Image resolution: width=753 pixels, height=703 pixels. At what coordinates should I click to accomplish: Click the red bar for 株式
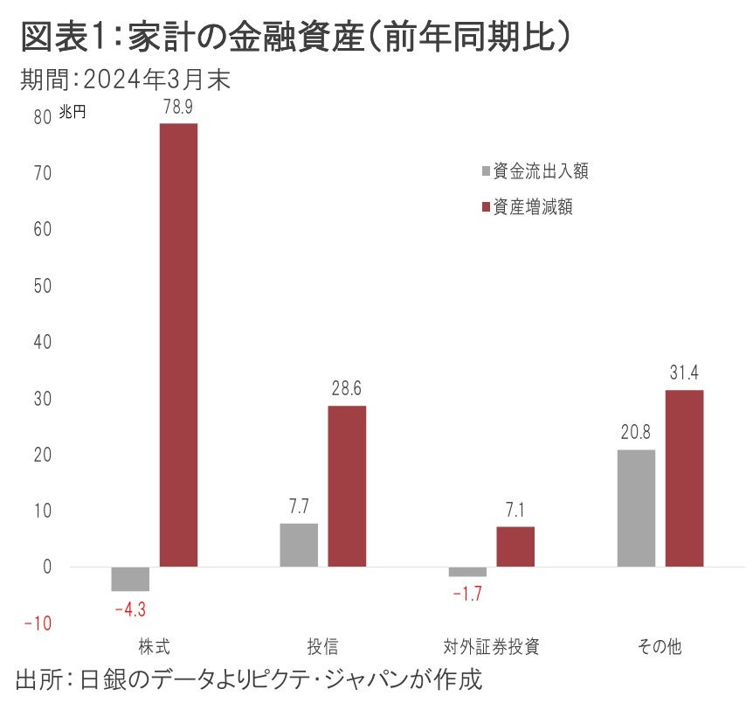point(178,345)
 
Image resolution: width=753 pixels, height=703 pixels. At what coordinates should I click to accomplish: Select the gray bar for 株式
point(130,579)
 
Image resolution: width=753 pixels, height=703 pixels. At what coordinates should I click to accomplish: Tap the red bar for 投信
point(347,486)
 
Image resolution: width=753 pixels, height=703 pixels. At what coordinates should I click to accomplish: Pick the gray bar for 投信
point(299,545)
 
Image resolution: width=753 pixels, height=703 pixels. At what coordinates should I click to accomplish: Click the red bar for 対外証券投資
point(515,546)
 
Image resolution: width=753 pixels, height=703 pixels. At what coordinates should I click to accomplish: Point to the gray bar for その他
point(636,508)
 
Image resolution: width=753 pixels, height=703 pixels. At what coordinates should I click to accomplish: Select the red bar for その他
point(684,478)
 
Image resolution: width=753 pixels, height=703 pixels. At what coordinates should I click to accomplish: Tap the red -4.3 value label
point(130,607)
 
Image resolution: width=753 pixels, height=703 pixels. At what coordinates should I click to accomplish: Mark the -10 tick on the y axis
point(38,623)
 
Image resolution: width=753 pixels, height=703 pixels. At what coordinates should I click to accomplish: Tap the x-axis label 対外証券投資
point(491,648)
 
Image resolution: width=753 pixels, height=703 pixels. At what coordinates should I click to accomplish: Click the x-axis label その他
point(660,648)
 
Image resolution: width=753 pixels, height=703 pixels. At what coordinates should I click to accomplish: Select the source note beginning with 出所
point(249,679)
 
